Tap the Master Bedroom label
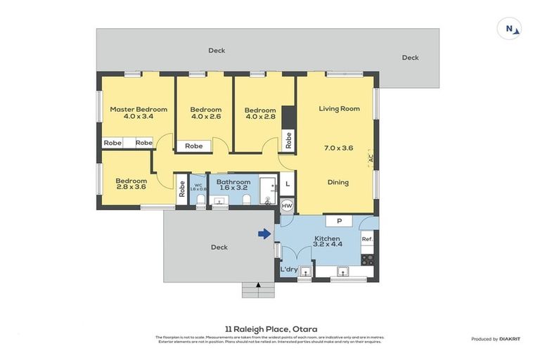(139, 109)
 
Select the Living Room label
(339, 109)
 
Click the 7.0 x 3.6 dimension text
(338, 148)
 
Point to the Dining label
(338, 182)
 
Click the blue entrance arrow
(264, 234)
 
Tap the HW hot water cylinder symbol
(287, 206)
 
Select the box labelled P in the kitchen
(339, 221)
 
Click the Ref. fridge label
(366, 240)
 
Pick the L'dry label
(289, 270)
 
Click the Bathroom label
(233, 182)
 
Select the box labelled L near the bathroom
(287, 185)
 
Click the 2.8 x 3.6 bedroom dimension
(131, 188)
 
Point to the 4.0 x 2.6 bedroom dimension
(205, 117)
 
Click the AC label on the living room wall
(371, 159)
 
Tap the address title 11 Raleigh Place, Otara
(271, 328)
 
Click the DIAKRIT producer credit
(509, 340)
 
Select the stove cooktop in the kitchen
(366, 259)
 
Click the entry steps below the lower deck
(258, 289)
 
